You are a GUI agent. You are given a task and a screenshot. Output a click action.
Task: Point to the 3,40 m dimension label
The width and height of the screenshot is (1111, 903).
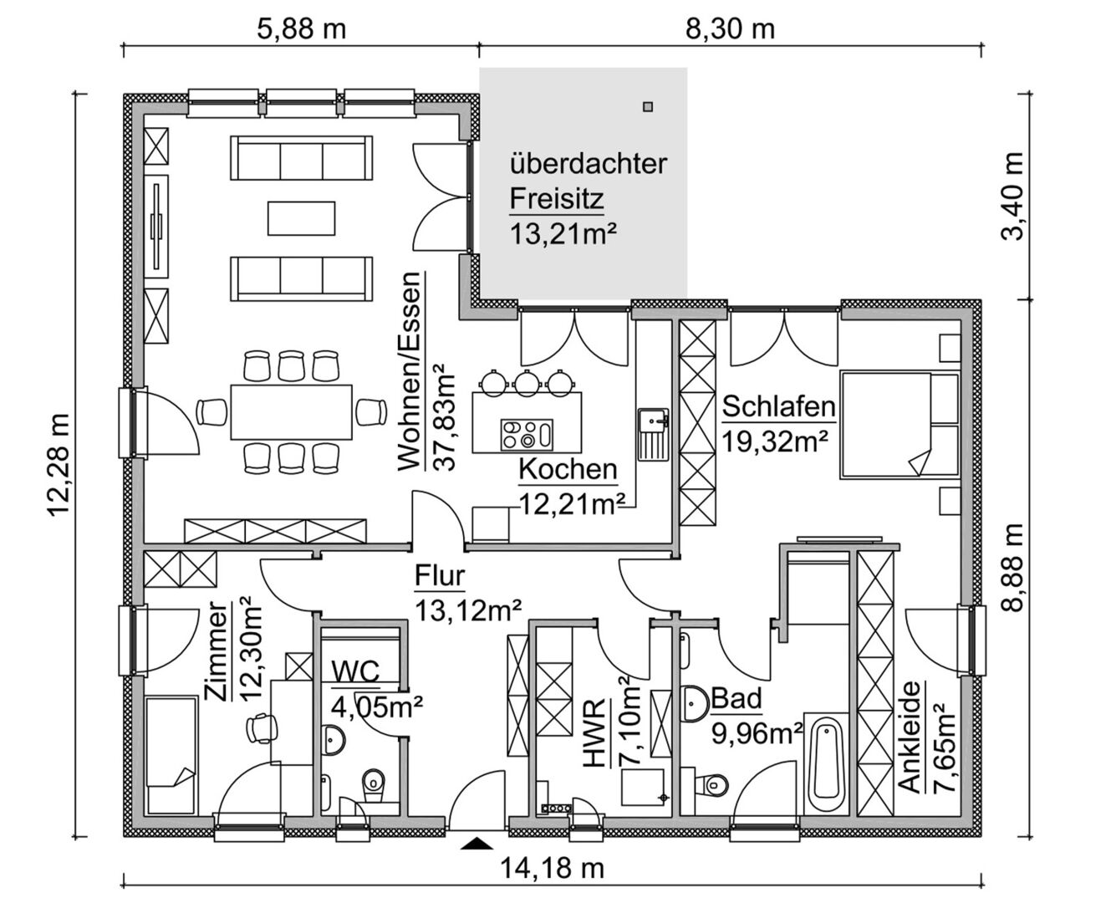coord(1012,196)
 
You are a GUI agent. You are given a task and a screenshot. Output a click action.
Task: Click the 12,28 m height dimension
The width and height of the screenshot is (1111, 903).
coord(59,465)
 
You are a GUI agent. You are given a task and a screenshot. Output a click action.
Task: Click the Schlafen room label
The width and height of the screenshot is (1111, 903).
coord(779,407)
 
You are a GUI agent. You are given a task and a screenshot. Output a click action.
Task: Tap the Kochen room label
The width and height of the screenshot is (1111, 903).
coord(568,470)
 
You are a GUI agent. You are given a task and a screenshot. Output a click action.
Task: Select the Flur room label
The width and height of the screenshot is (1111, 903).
coord(439,576)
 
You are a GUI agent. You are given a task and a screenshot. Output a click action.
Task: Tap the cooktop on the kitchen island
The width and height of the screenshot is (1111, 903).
coord(527,435)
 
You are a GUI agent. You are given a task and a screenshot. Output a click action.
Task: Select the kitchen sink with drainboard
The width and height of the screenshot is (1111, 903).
coord(653,433)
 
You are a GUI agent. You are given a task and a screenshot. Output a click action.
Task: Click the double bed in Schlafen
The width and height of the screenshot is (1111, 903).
coord(900,425)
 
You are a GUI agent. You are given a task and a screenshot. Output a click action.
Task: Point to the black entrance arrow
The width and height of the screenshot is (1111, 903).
coord(477,844)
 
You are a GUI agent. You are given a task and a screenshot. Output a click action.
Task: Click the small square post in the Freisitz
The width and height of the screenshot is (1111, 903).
coord(649,107)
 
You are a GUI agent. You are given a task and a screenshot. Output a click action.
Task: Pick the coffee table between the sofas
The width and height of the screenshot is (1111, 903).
coord(302,218)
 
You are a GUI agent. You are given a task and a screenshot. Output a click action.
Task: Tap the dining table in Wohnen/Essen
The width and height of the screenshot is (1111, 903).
coord(291,412)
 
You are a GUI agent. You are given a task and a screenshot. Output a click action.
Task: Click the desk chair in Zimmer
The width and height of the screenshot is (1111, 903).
coord(261,727)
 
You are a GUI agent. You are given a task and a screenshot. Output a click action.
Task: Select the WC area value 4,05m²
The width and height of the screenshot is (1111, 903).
coord(377,707)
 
